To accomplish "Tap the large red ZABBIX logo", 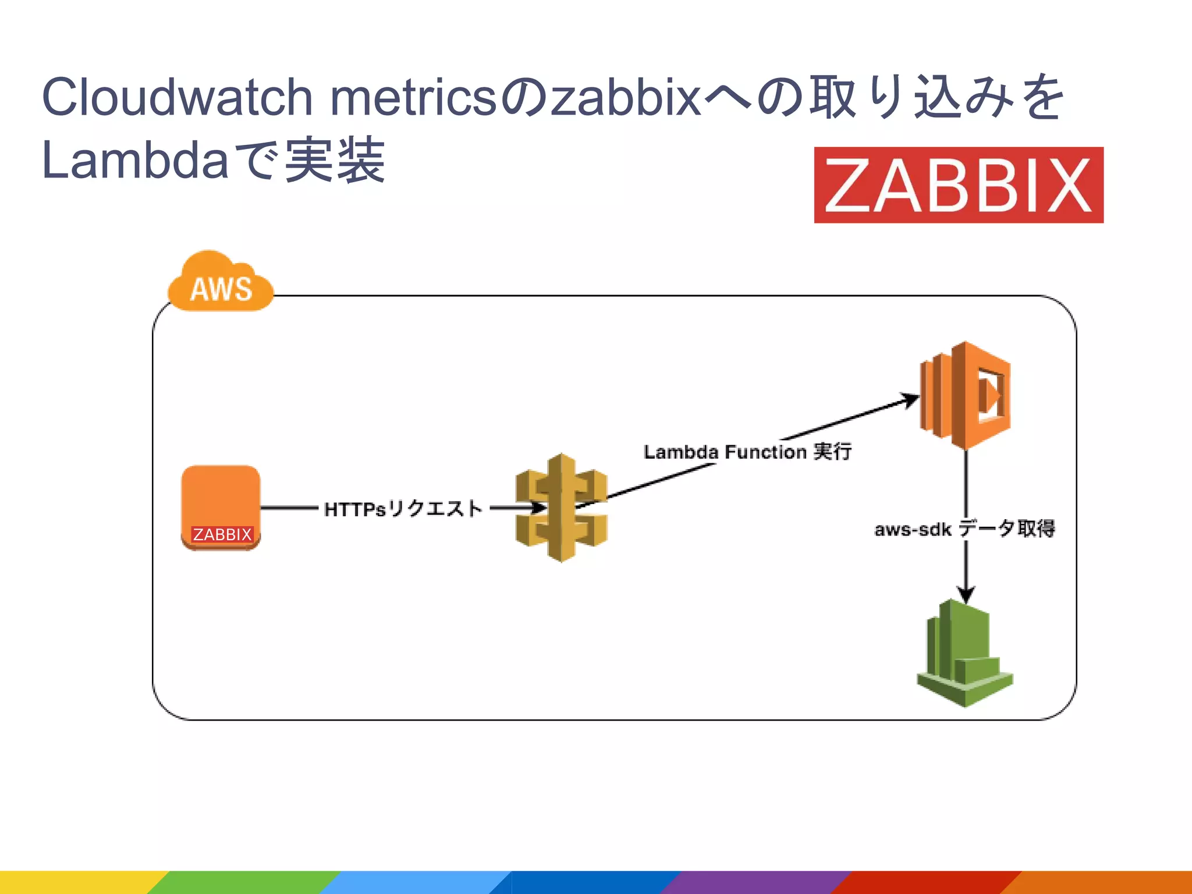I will [x=958, y=185].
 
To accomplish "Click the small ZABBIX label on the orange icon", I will [x=222, y=534].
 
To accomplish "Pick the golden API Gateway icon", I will [x=561, y=508].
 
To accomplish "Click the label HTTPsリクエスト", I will [x=403, y=509].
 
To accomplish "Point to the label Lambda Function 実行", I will [x=747, y=452].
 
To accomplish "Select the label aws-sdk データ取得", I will [x=964, y=528].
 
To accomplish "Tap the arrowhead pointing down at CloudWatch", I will [x=966, y=595].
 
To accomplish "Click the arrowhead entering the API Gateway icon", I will [x=538, y=508].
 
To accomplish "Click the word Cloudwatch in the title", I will [x=178, y=97].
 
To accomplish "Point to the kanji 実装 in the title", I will [x=335, y=161].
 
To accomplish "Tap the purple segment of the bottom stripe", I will [x=757, y=882].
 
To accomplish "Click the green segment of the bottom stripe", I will [x=244, y=882].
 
